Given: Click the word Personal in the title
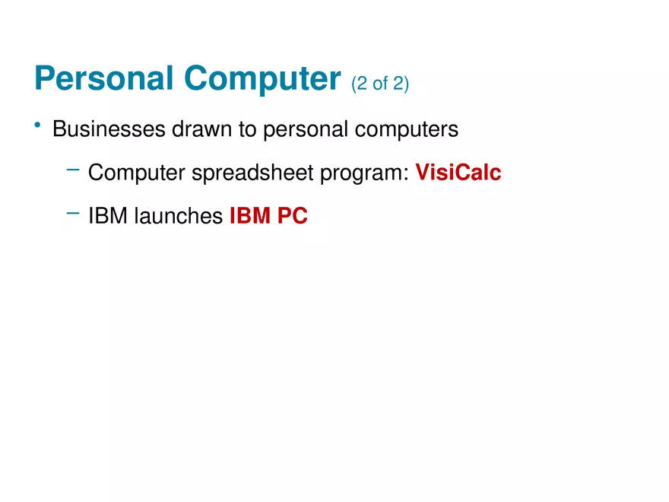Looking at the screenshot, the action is tap(104, 78).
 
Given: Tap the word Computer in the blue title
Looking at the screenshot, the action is tap(262, 79).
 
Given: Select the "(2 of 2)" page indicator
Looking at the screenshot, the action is tap(379, 83).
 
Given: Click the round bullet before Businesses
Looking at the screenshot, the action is tap(37, 125).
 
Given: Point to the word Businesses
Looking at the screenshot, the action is tap(109, 129).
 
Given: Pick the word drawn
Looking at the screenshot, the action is tap(201, 129).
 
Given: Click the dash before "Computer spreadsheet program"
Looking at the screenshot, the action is tap(73, 170).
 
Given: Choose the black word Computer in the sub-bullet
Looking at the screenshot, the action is tap(137, 173).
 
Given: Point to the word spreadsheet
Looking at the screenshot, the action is tap(252, 173).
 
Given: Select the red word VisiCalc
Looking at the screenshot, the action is tap(458, 173).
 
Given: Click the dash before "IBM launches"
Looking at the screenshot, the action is tap(73, 212).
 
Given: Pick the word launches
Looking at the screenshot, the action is tap(179, 215).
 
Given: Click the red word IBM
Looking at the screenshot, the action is tap(250, 215).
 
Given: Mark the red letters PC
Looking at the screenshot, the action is tap(293, 215).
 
